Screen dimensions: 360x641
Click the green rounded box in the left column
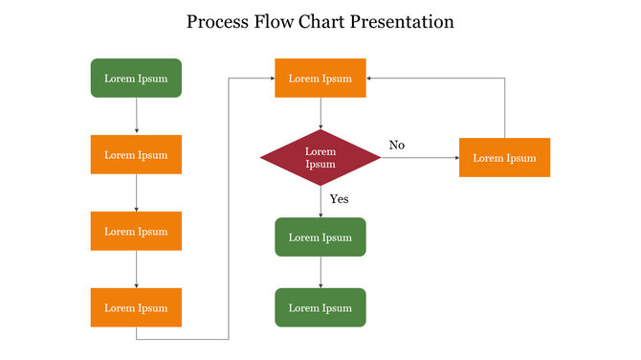(136, 79)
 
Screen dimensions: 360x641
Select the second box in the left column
(136, 155)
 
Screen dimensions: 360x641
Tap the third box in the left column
(136, 232)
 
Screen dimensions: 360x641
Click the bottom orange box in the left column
(136, 308)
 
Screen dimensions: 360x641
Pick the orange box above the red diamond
(320, 79)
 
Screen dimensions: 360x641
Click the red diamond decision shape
(320, 158)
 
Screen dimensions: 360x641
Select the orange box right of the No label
(504, 158)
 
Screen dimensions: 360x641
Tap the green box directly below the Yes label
(320, 237)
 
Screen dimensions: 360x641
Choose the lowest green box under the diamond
(320, 308)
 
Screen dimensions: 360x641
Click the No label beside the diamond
(397, 145)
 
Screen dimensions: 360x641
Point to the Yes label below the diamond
(340, 199)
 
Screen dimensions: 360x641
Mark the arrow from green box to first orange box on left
(137, 116)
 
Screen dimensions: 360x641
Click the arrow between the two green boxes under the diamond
(320, 272)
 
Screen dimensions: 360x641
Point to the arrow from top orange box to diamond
(320, 113)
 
